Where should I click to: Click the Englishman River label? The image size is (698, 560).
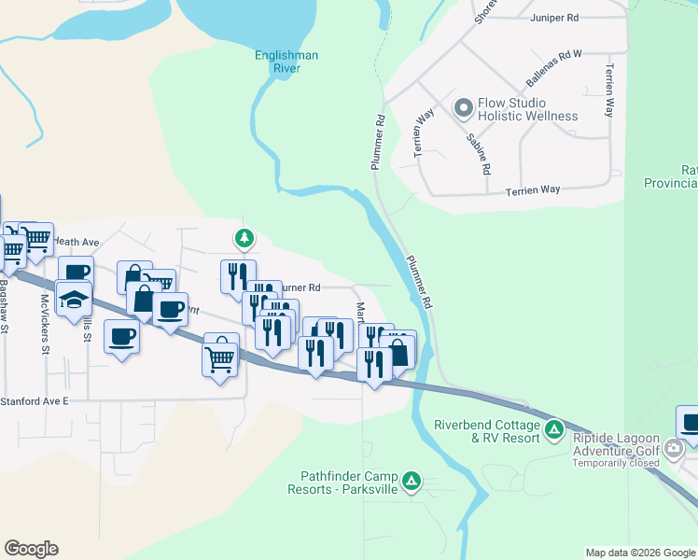286,62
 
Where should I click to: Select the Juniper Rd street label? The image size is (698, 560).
554,17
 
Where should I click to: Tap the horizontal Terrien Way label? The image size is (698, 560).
533,189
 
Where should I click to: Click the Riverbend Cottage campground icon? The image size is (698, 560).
554,430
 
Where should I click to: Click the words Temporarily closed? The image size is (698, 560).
616,463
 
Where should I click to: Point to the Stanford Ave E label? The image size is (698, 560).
35,400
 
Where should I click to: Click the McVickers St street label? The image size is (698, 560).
45,325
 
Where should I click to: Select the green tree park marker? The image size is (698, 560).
244,239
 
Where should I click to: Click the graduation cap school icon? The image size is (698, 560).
74,300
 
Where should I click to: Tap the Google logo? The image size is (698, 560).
31,549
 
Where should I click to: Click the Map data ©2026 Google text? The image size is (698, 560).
639,553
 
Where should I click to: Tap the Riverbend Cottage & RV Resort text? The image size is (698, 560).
486,431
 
